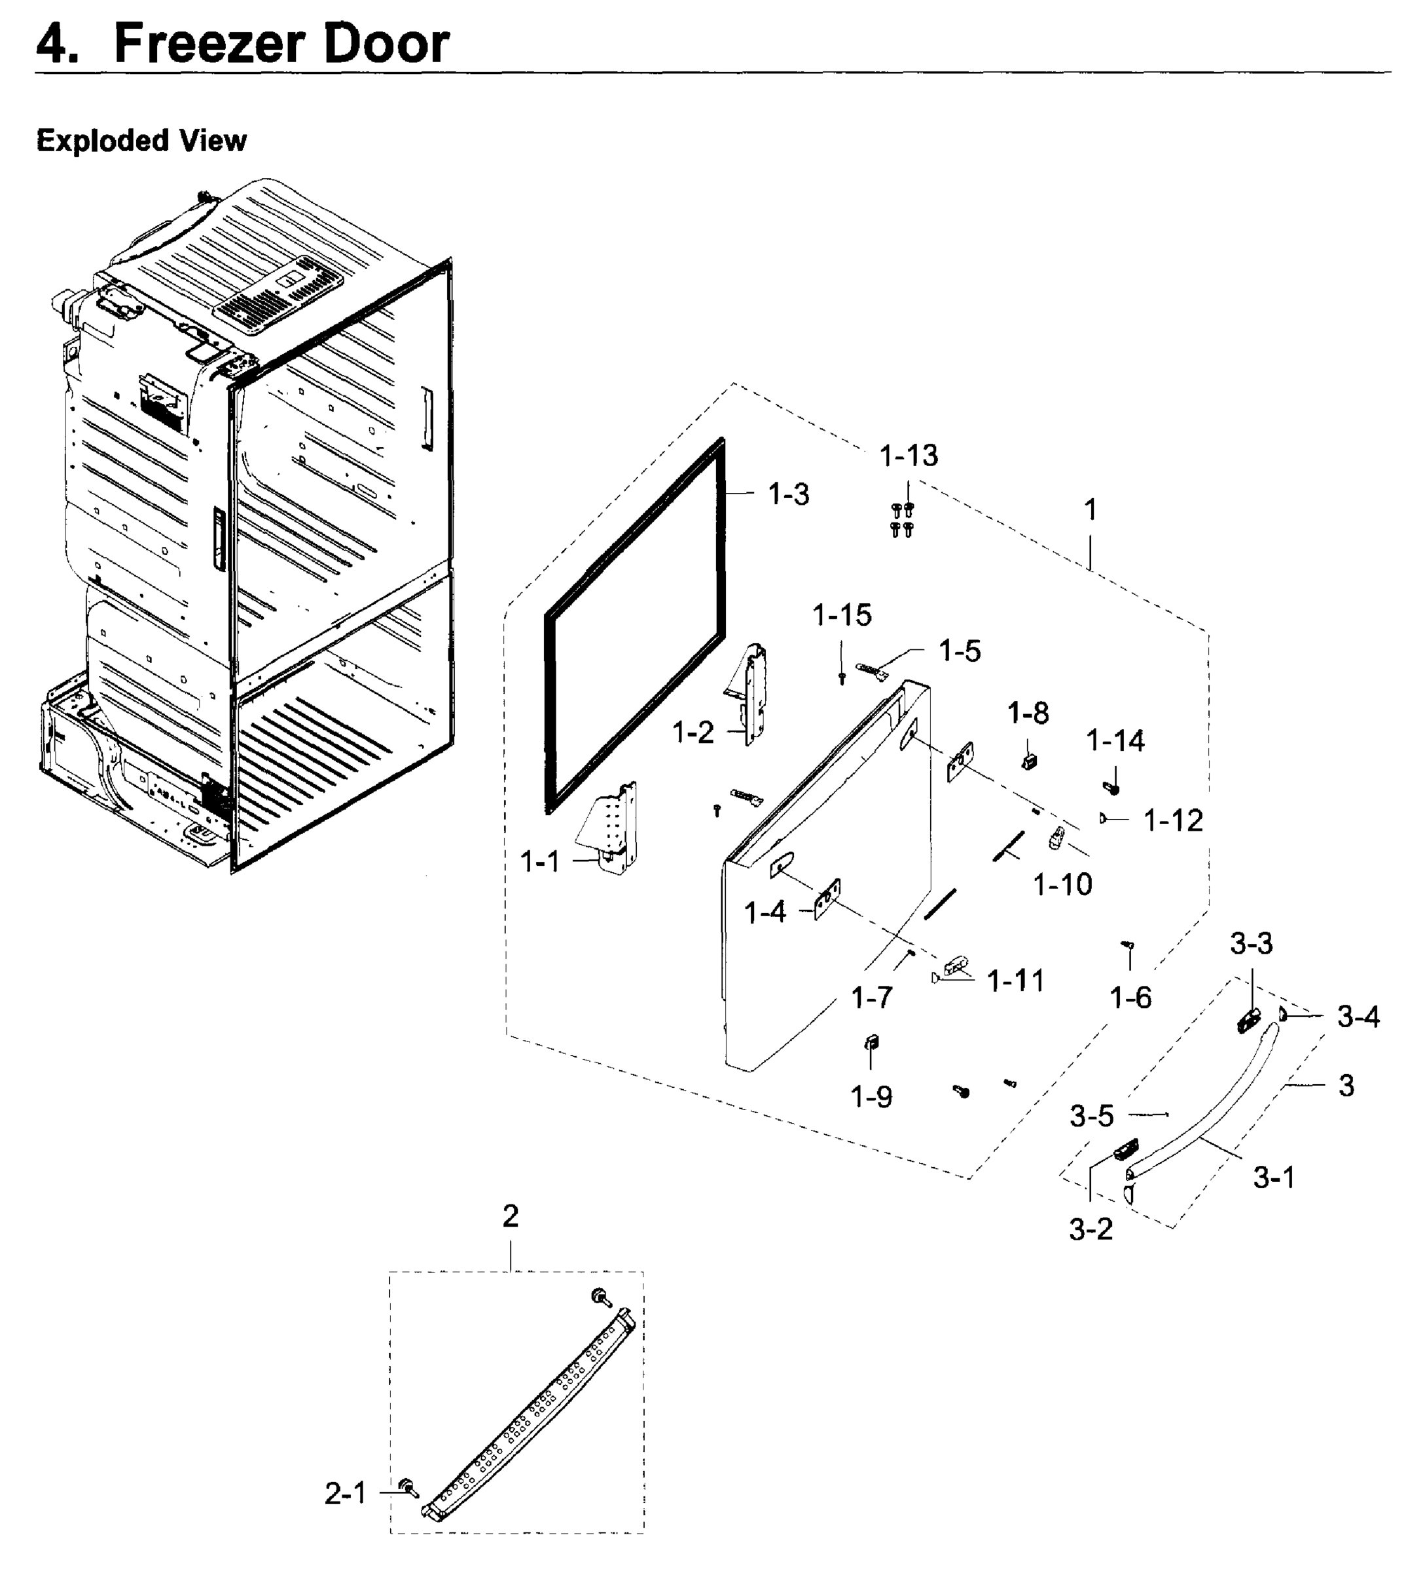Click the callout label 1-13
tap(909, 456)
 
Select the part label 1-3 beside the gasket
tap(788, 494)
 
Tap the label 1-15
tap(841, 615)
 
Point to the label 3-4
tap(1358, 1017)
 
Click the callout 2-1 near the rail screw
tap(346, 1494)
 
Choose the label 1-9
tap(871, 1097)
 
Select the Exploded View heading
tap(141, 141)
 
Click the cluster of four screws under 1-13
tap(901, 520)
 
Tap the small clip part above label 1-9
tap(871, 1042)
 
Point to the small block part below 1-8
tap(1028, 761)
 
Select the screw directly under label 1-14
tap(1113, 789)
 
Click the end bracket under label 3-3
tap(1248, 1020)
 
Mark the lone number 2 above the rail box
tap(511, 1216)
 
